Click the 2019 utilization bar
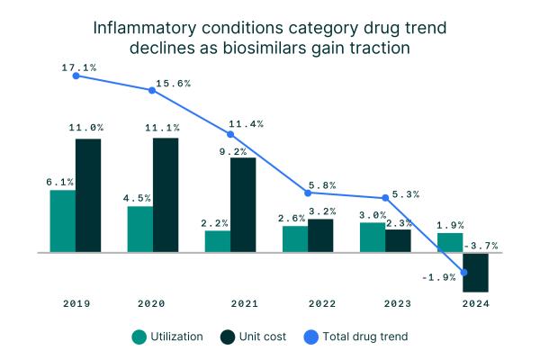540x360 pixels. pyautogui.click(x=63, y=221)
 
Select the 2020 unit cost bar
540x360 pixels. pyautogui.click(x=166, y=195)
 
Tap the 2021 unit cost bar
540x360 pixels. pyautogui.click(x=243, y=205)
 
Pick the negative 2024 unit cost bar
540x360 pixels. pyautogui.click(x=475, y=273)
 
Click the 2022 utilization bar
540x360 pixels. pyautogui.click(x=295, y=239)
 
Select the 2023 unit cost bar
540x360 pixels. pyautogui.click(x=398, y=241)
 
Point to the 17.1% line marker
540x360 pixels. pyautogui.click(x=76, y=76)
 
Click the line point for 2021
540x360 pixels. pyautogui.click(x=231, y=134)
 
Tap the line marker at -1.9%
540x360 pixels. pyautogui.click(x=463, y=273)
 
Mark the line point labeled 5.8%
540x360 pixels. pyautogui.click(x=309, y=193)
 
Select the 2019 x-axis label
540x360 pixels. pyautogui.click(x=76, y=303)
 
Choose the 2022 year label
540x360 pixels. pyautogui.click(x=309, y=303)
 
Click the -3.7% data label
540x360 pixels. pyautogui.click(x=480, y=245)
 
